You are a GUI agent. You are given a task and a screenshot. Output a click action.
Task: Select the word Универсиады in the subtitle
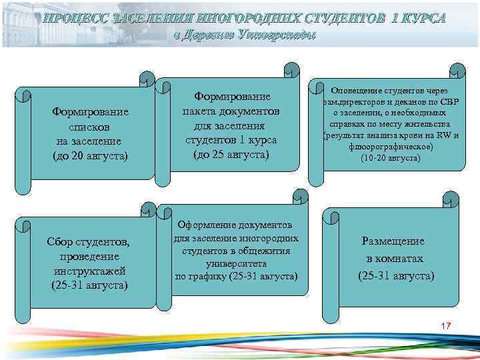pyautogui.click(x=271, y=35)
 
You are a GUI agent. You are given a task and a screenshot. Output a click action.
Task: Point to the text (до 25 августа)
pyautogui.click(x=231, y=155)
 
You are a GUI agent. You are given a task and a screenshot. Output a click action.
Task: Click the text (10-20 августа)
pyautogui.click(x=390, y=159)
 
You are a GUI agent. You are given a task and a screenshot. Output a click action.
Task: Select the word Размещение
pyautogui.click(x=392, y=241)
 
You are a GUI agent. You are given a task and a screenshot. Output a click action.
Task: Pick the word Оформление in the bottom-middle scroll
pyautogui.click(x=208, y=226)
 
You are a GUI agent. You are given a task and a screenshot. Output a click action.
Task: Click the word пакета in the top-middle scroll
pyautogui.click(x=202, y=111)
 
